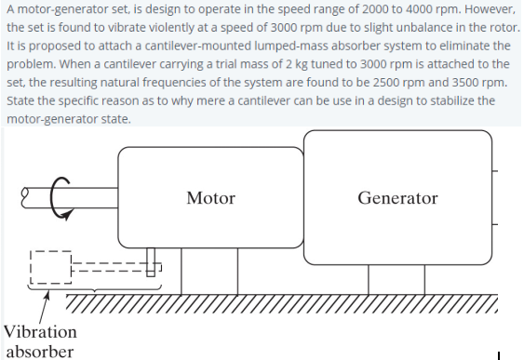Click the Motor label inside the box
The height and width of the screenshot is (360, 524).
coord(210,198)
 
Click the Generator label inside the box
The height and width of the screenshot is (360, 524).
coord(397,198)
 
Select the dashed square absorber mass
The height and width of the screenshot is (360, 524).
coord(48,266)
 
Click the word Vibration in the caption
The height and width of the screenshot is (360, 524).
coord(40,332)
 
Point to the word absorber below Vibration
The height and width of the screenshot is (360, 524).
coord(40,351)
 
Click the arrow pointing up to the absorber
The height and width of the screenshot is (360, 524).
coord(42,300)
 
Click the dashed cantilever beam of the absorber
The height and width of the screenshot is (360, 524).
coord(107,267)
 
